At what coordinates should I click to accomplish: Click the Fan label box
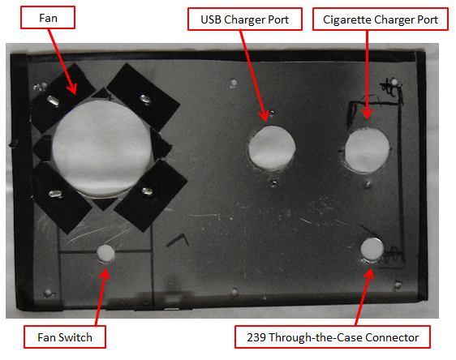pos(48,18)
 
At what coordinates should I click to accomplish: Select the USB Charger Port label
pos(245,19)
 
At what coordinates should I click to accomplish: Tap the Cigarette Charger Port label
pos(381,19)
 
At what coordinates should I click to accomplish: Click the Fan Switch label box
pos(65,337)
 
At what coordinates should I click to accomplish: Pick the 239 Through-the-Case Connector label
pos(333,337)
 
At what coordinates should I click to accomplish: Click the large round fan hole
pos(101,148)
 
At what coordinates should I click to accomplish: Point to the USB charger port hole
pos(272,148)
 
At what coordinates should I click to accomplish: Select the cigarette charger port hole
pos(367,150)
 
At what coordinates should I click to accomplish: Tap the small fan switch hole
pos(105,253)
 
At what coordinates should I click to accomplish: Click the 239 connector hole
pos(372,249)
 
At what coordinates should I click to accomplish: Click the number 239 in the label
pos(256,337)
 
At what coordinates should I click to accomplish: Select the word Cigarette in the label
pos(347,19)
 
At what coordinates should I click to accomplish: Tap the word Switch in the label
pos(75,337)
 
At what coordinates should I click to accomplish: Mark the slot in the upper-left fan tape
pos(54,101)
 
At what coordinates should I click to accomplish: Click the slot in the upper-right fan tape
pos(145,99)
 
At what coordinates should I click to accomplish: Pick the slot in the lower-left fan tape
pos(55,194)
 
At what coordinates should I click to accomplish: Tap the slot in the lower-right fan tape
pos(147,191)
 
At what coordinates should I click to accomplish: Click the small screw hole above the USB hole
pos(272,113)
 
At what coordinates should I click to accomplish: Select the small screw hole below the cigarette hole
pos(368,184)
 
